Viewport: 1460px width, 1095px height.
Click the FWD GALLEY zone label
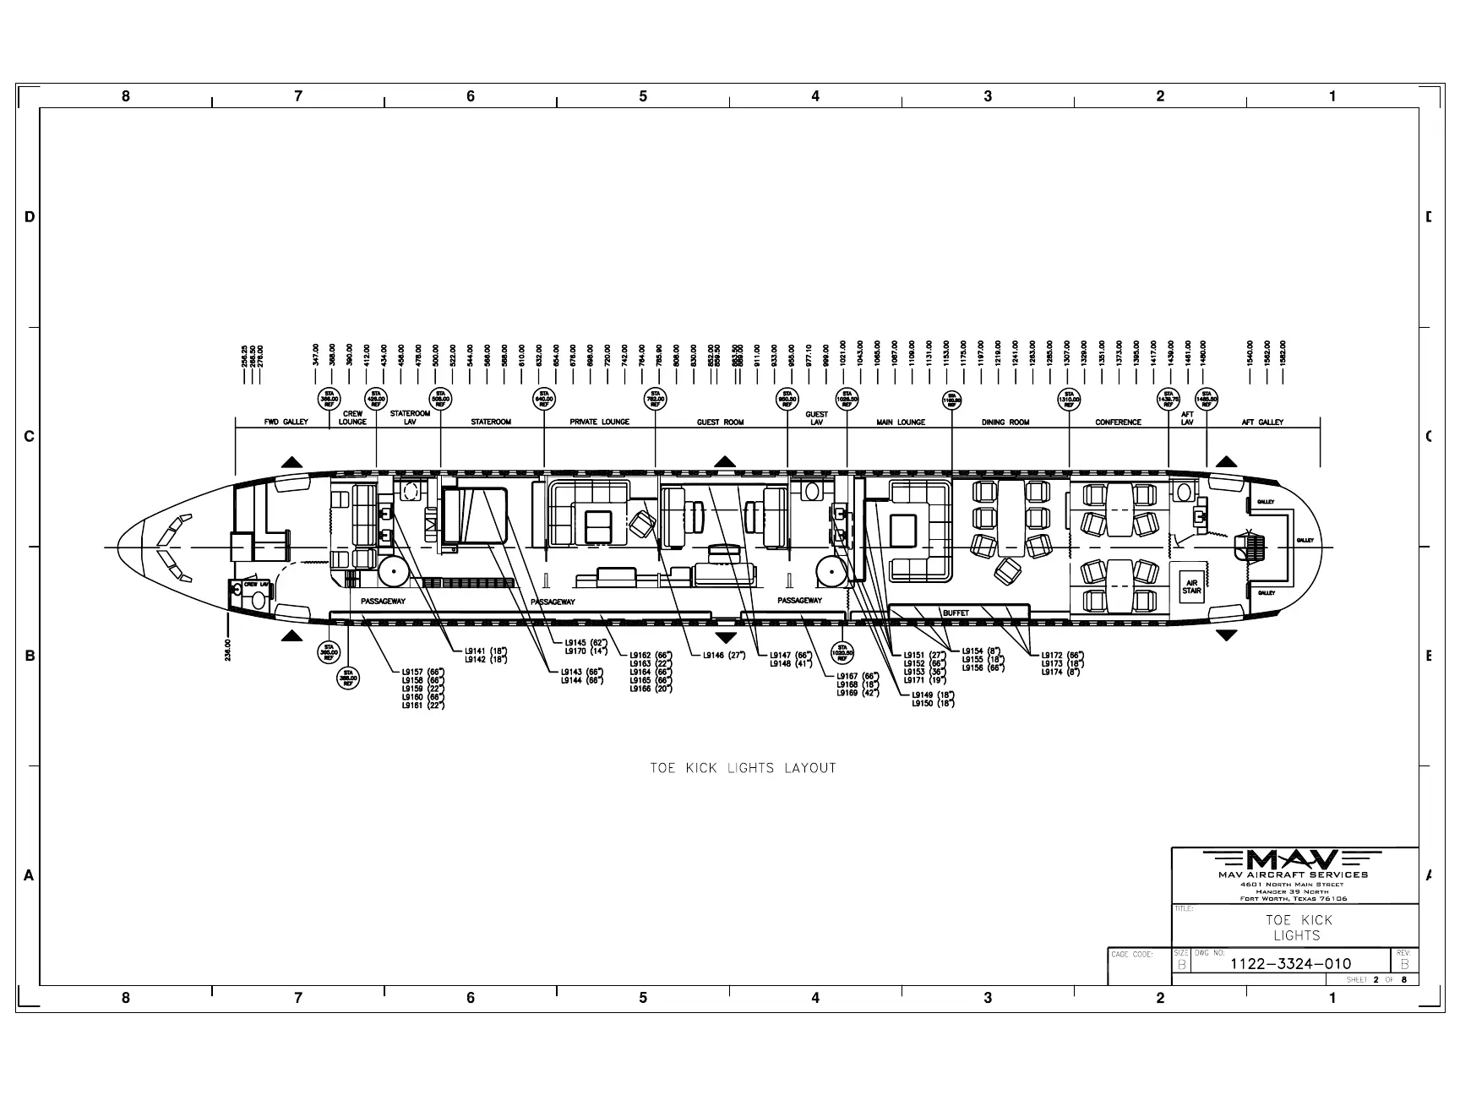tap(285, 422)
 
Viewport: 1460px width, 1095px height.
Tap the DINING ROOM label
tap(1005, 422)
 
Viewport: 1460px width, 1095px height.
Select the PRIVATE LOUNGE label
tap(599, 422)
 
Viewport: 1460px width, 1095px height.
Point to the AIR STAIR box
tap(1192, 586)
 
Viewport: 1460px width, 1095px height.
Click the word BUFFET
tap(956, 613)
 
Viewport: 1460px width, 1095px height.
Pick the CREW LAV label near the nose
tap(255, 584)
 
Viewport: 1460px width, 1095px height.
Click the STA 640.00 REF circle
tap(544, 398)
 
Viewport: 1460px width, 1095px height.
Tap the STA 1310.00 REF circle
tap(1069, 398)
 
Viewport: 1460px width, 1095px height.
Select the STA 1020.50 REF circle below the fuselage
tap(842, 652)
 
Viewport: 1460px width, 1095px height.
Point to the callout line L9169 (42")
tap(858, 693)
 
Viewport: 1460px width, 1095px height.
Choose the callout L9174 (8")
tap(1062, 672)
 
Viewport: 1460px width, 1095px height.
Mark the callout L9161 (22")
tap(422, 705)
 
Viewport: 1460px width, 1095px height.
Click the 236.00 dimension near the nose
tap(228, 648)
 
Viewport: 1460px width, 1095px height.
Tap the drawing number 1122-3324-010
tap(1290, 963)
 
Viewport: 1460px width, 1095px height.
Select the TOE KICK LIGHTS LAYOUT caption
tap(743, 768)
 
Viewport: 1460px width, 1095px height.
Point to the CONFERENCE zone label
tap(1118, 422)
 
